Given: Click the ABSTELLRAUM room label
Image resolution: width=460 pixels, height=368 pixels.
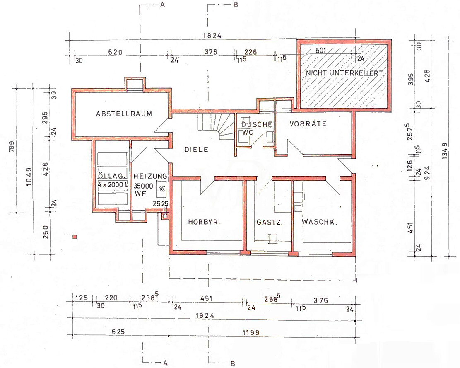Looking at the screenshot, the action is pyautogui.click(x=124, y=114).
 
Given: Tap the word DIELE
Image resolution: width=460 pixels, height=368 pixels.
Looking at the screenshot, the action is pyautogui.click(x=196, y=149).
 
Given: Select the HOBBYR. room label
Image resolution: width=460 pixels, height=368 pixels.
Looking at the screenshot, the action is pyautogui.click(x=204, y=222).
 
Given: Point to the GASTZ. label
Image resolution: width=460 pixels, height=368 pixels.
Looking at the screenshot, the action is pyautogui.click(x=270, y=222).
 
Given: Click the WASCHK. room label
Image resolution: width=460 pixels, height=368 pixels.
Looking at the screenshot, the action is pyautogui.click(x=319, y=222).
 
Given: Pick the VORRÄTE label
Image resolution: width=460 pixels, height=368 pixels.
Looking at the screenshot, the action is pyautogui.click(x=308, y=123).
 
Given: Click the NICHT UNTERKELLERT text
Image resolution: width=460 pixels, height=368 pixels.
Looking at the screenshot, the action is pyautogui.click(x=344, y=73).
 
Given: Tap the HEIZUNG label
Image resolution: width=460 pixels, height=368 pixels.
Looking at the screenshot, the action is pyautogui.click(x=150, y=176).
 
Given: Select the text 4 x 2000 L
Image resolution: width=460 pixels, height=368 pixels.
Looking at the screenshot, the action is pyautogui.click(x=113, y=185).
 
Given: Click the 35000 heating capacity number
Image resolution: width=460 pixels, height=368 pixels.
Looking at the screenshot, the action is pyautogui.click(x=143, y=186).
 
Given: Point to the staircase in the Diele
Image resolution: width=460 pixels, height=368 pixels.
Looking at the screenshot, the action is pyautogui.click(x=216, y=126).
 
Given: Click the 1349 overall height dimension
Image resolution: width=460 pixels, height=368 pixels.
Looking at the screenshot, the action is pyautogui.click(x=444, y=151).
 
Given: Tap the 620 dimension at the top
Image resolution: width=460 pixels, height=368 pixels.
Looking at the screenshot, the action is pyautogui.click(x=115, y=52).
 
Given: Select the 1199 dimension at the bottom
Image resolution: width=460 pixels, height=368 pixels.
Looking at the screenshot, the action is pyautogui.click(x=251, y=332).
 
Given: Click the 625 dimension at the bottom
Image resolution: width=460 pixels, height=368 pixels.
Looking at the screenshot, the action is pyautogui.click(x=118, y=332).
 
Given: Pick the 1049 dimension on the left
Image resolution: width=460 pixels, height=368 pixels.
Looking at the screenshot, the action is pyautogui.click(x=29, y=177).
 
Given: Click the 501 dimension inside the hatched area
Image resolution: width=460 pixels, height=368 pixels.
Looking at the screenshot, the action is pyautogui.click(x=320, y=50).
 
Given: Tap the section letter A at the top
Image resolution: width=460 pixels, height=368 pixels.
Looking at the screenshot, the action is pyautogui.click(x=162, y=5).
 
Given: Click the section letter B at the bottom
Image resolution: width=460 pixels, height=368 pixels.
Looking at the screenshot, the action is pyautogui.click(x=233, y=363).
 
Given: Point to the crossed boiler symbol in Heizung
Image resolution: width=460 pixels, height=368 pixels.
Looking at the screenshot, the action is pyautogui.click(x=161, y=189).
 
